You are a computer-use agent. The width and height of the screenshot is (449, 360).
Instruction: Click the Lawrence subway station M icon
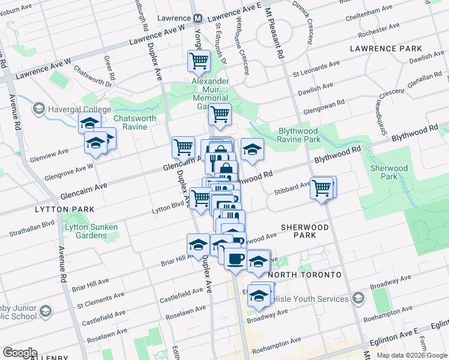coord(198,19)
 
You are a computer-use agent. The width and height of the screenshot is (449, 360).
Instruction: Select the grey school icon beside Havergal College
coord(39,109)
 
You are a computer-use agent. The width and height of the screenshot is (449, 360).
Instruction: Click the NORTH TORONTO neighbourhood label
coord(304,275)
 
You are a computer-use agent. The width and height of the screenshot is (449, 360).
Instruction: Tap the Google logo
coord(19,353)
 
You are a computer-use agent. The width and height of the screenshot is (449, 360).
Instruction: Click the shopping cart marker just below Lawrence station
coord(199,61)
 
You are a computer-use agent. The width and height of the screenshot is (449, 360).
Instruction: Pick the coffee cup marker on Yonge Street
coord(235,258)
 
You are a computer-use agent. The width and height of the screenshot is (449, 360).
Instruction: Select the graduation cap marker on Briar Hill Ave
coord(197,244)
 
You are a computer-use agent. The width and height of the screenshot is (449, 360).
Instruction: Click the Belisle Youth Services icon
coord(358,299)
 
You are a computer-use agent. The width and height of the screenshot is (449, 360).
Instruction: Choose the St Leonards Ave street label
coord(316,68)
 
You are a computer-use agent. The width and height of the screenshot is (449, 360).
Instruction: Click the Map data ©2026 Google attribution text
coord(412,355)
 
